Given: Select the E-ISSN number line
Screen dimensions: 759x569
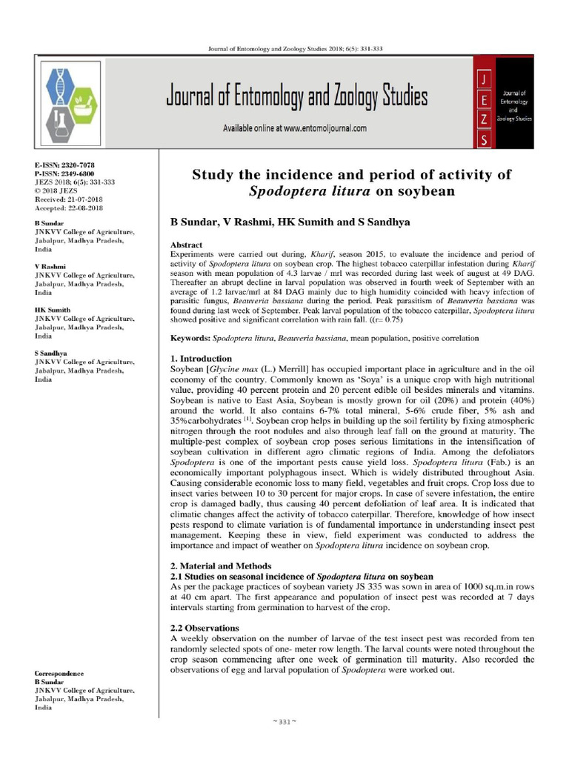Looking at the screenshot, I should [64, 164].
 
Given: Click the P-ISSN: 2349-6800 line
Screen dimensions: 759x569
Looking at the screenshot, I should [64, 172].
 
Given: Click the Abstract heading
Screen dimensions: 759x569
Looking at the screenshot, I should [187, 245].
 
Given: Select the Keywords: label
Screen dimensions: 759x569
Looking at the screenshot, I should [190, 338].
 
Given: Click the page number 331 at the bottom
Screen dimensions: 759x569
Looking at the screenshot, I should [285, 722].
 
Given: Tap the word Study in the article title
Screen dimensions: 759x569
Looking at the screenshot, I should [216, 175].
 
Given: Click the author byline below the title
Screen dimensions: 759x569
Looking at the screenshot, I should [290, 222].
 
